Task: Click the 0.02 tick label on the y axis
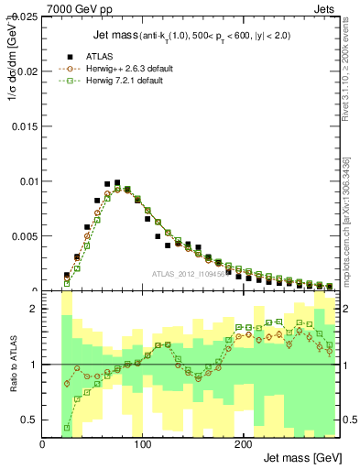tap(27, 71)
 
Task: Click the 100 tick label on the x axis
tap(142, 443)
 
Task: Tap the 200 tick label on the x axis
tap(243, 443)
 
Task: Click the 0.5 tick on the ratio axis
tap(31, 420)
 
